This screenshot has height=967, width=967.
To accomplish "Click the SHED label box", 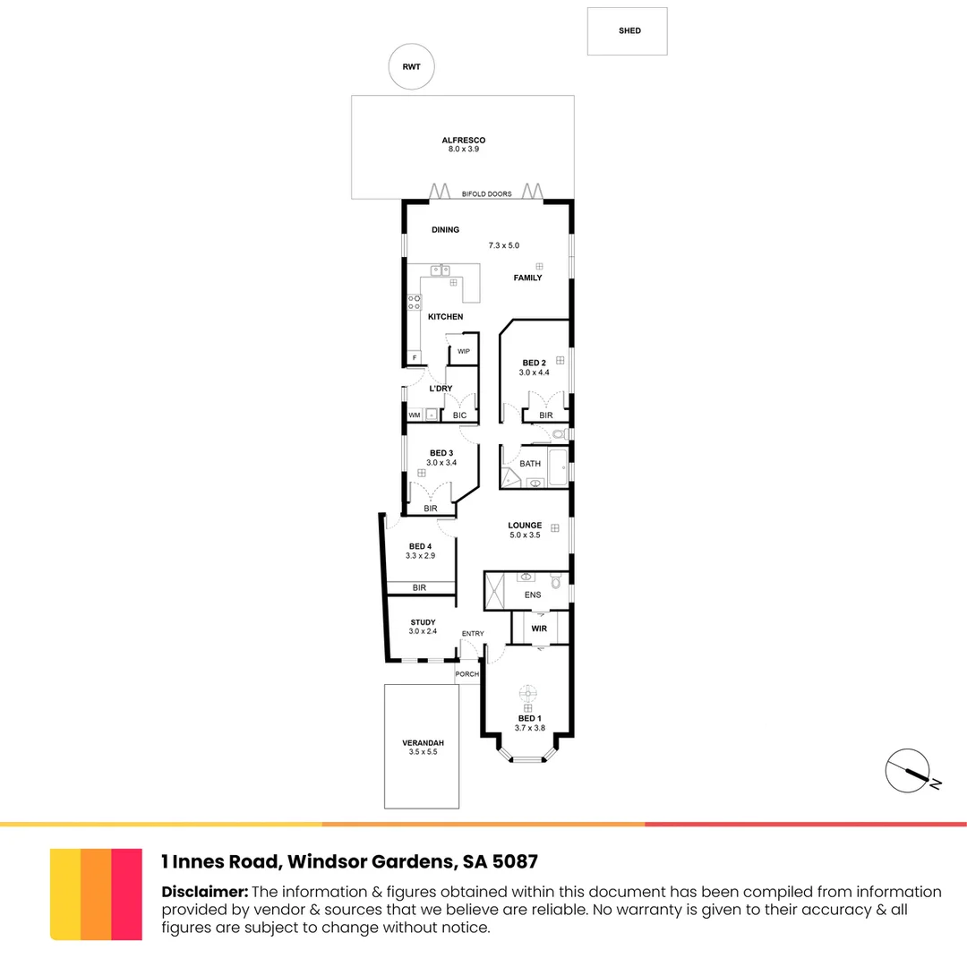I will (629, 31).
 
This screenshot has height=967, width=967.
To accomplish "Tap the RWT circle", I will (411, 67).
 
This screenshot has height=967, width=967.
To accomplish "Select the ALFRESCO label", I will (463, 141).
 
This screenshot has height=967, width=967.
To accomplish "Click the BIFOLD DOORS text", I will (486, 193).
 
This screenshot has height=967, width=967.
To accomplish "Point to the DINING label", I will (445, 230).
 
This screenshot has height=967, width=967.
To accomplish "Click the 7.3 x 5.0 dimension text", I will (503, 245).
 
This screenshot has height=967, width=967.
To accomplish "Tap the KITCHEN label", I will (445, 317).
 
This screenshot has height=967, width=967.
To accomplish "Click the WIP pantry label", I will (463, 351).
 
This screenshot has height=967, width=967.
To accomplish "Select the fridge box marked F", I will (414, 358).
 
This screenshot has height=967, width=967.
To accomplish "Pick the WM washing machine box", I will (415, 415).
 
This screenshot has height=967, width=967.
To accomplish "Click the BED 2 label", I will (535, 363).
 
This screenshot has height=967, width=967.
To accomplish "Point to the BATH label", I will (530, 464).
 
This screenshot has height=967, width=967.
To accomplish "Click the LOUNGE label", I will (525, 526).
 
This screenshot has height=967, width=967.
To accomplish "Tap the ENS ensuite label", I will (533, 595).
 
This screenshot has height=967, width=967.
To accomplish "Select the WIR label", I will (539, 629).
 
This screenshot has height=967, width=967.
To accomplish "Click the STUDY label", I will (423, 622).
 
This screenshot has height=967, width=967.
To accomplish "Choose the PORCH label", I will (466, 674).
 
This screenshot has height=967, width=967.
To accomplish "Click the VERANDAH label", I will (423, 743).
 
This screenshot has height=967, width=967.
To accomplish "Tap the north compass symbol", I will (908, 770).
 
